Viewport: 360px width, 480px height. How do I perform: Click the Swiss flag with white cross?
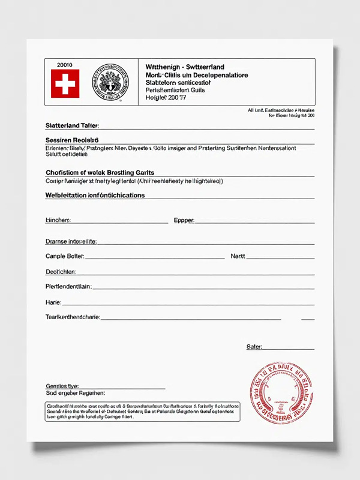65,83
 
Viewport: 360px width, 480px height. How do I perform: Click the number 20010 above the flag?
64,64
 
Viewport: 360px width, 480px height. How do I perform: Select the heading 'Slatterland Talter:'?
72,125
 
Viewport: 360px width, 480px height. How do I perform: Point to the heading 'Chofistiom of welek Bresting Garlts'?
100,172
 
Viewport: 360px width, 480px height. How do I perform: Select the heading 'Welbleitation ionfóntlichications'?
95,195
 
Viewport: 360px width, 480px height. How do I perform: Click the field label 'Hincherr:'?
58,220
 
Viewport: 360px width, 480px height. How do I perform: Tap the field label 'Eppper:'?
184,220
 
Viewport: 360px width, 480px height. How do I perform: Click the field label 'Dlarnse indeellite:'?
71,241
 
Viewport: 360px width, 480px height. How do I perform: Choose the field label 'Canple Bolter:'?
65,256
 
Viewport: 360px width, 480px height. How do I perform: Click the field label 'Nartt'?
238,256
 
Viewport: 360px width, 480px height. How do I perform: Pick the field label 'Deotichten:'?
60,271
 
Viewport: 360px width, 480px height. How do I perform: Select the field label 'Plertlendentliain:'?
68,286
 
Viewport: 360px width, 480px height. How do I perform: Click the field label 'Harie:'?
53,301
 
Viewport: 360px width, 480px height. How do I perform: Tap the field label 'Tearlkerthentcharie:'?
73,316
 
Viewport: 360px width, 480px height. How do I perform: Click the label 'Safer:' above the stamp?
254,347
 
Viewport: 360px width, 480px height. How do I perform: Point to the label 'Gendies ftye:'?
62,385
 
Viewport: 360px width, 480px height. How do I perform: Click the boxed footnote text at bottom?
142,412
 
